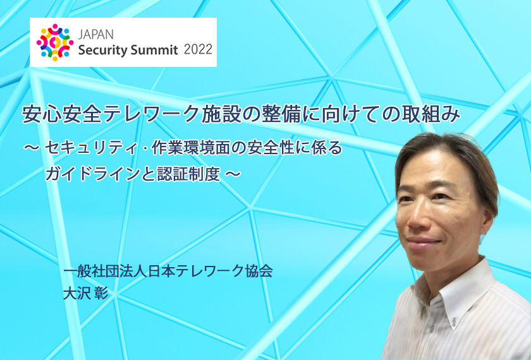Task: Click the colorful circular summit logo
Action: [x=55, y=42]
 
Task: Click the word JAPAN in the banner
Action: [x=96, y=35]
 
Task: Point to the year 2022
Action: [x=198, y=50]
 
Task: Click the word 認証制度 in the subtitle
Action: [x=188, y=174]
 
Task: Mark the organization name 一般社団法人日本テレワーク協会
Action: [x=168, y=271]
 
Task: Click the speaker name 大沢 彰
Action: [x=86, y=293]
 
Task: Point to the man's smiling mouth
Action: [x=424, y=243]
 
